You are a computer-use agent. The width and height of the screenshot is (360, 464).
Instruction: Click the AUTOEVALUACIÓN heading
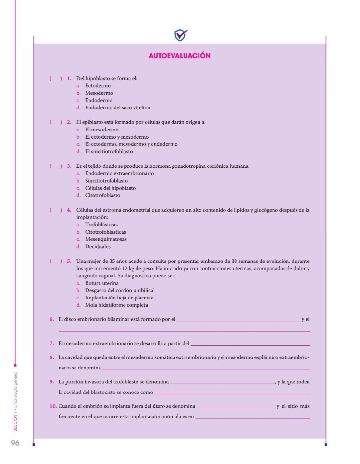pyautogui.click(x=179, y=56)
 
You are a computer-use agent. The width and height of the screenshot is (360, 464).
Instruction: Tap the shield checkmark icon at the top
pyautogui.click(x=181, y=35)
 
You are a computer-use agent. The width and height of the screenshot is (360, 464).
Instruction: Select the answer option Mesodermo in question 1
pyautogui.click(x=99, y=93)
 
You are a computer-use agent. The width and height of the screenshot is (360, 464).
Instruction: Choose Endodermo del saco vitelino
pyautogui.click(x=117, y=107)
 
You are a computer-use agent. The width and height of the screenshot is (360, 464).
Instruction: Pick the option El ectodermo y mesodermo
pyautogui.click(x=117, y=137)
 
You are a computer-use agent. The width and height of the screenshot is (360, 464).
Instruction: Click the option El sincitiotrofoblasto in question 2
pyautogui.click(x=109, y=151)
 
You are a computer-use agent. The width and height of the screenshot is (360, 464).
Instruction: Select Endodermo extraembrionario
pyautogui.click(x=119, y=173)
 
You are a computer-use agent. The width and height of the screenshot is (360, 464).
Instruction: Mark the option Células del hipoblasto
pyautogui.click(x=110, y=188)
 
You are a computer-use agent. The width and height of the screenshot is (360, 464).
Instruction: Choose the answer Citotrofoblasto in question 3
pyautogui.click(x=103, y=195)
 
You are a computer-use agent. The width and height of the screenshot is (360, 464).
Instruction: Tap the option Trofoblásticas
pyautogui.click(x=101, y=225)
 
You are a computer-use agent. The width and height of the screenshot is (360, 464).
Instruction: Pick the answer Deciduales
pyautogui.click(x=98, y=246)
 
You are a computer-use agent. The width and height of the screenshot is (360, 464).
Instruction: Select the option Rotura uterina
pyautogui.click(x=102, y=283)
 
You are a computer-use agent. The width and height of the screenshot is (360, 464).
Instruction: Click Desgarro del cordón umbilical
pyautogui.click(x=120, y=291)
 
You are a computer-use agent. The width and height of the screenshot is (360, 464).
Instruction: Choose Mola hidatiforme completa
pyautogui.click(x=116, y=305)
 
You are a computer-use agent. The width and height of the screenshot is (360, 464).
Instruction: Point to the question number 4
pyautogui.click(x=69, y=210)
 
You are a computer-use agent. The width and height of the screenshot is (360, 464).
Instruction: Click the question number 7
pyautogui.click(x=52, y=343)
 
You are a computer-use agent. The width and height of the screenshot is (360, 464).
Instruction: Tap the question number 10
pyautogui.click(x=53, y=406)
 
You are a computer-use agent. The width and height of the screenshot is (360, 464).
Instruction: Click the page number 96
pyautogui.click(x=15, y=443)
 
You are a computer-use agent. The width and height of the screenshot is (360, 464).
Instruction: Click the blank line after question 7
pyautogui.click(x=250, y=344)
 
